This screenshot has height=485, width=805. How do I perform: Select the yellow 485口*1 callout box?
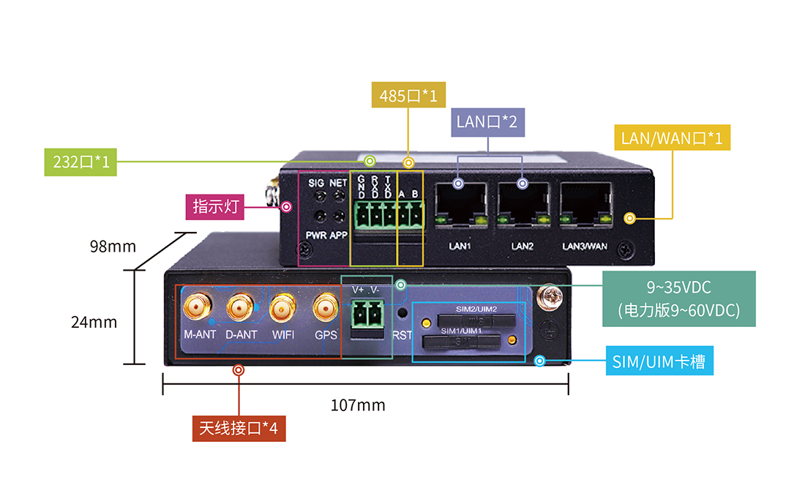pyautogui.click(x=408, y=96)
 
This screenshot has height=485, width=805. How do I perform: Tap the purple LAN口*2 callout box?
pyautogui.click(x=487, y=121)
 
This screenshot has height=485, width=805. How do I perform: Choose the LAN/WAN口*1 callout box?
pyautogui.click(x=671, y=138)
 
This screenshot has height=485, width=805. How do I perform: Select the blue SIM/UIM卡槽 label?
pyautogui.click(x=659, y=361)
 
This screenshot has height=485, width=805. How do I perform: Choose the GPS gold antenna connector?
pyautogui.click(x=326, y=308)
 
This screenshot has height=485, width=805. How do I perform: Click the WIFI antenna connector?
pyautogui.click(x=282, y=308)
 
